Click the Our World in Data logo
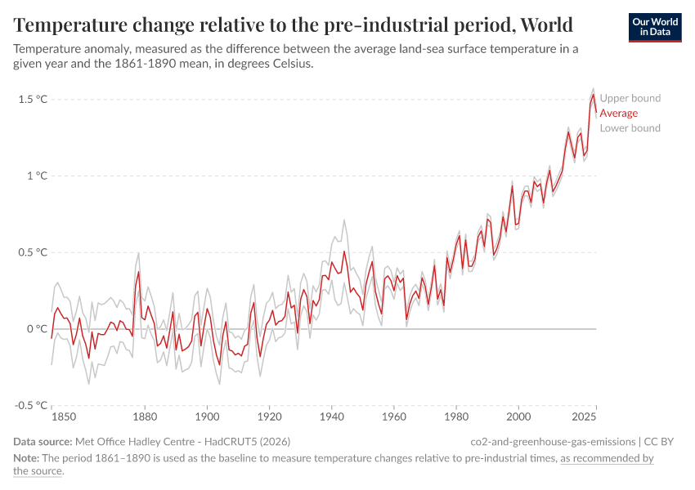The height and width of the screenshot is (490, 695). [654, 27]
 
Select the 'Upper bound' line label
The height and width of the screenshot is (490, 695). [630, 98]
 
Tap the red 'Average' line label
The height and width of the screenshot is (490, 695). [618, 114]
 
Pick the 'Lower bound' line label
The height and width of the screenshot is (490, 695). [630, 128]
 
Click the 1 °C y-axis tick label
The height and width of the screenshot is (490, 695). [37, 176]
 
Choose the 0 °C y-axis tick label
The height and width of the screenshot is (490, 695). [37, 329]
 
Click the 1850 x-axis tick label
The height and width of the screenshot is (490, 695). [64, 417]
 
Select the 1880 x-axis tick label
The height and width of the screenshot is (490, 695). [144, 417]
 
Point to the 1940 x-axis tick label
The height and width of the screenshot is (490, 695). [331, 417]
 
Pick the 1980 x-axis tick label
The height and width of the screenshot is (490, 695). [456, 417]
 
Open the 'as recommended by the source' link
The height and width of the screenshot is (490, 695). [607, 458]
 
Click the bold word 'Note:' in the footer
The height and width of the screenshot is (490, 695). [27, 458]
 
